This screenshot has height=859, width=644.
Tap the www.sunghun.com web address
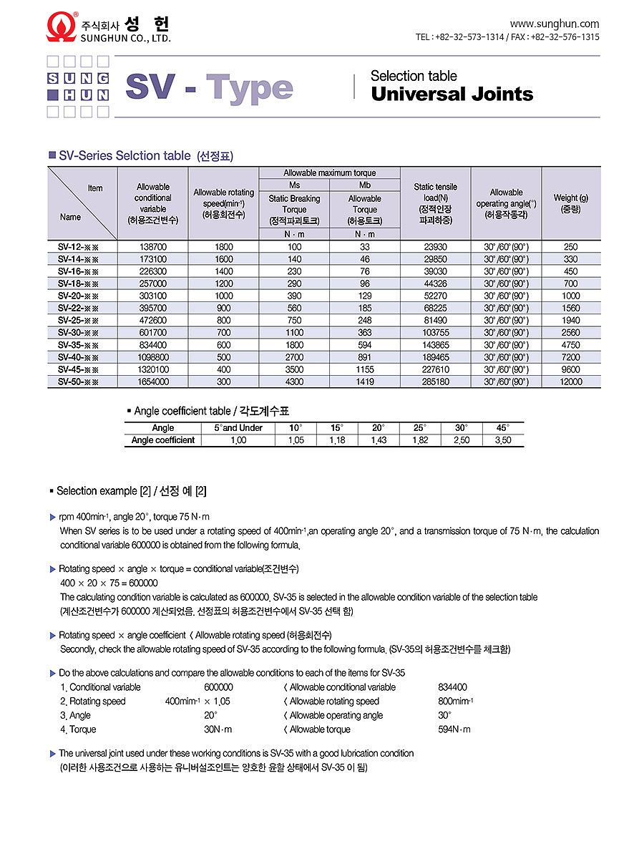tap(555, 24)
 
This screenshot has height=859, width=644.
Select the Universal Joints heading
tap(452, 94)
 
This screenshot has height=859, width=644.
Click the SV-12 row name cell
tap(78, 247)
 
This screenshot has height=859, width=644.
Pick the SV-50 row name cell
tap(78, 382)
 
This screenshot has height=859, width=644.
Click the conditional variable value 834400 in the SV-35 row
tap(152, 345)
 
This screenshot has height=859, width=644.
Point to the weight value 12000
tap(570, 382)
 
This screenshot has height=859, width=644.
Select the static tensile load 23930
tap(435, 247)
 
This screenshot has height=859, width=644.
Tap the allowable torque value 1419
tap(364, 382)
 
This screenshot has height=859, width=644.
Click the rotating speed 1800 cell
tap(224, 247)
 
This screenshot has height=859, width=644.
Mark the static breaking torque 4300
tap(294, 382)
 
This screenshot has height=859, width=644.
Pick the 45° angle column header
tap(503, 428)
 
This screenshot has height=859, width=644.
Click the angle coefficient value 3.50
tap(503, 440)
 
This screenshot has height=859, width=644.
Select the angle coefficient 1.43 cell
tap(379, 440)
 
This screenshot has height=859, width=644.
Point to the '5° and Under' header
tap(238, 428)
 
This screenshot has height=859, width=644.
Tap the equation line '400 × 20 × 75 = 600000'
tap(109, 583)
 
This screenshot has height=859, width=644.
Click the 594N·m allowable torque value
tap(454, 729)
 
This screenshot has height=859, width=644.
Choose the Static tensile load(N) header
tap(435, 203)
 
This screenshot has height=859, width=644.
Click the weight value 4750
tap(570, 345)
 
